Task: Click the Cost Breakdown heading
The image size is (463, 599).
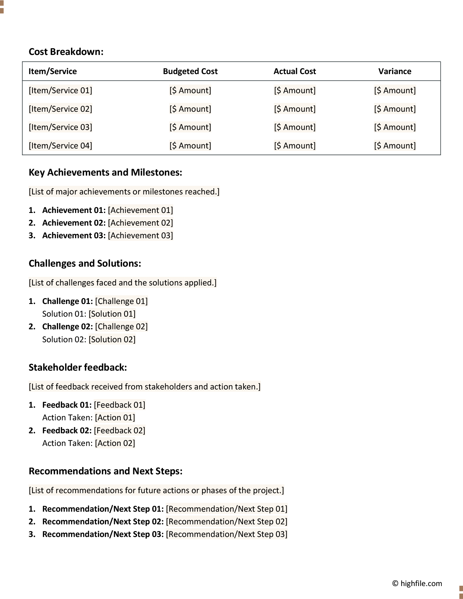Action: coord(66,52)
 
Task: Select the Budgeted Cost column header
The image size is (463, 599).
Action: coord(190,71)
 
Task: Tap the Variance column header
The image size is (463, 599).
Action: coord(394,71)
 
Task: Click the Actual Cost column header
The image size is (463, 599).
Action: coord(294,71)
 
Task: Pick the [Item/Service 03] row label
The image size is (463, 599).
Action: coord(60,127)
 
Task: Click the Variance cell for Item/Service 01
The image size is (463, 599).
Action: coord(394,90)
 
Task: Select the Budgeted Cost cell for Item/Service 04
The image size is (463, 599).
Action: coord(190,146)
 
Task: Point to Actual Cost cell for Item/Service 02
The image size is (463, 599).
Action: coord(294,109)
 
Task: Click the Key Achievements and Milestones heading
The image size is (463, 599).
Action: coord(105,172)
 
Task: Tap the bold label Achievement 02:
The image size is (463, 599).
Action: coord(74,223)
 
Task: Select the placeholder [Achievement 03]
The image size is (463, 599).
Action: coord(140,235)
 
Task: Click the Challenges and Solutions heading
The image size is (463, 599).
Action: coord(85,263)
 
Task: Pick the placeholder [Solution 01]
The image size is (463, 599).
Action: coord(112,314)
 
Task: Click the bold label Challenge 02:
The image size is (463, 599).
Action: coord(67,327)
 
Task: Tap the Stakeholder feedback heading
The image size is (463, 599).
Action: coord(78,367)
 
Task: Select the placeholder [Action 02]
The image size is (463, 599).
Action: coord(115,443)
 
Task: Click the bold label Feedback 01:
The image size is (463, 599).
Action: coord(67,405)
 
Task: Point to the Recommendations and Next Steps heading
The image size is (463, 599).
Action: coord(106,471)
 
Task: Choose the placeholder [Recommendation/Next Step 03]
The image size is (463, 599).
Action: coord(227,534)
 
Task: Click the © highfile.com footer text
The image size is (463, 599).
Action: coord(417,584)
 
